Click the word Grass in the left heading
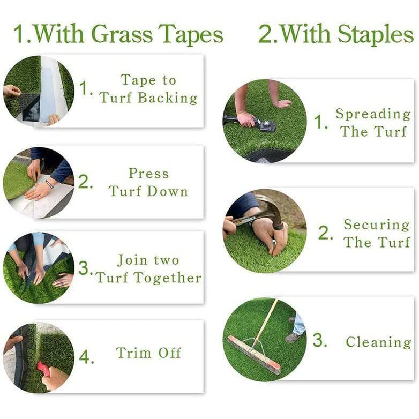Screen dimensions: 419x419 point(122,35)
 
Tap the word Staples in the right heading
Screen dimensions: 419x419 point(376,35)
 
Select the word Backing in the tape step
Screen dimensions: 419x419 point(168,98)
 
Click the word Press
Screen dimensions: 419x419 point(149,174)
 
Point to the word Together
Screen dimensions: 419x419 point(168,278)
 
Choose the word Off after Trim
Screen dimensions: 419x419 point(170,353)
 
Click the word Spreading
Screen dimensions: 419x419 point(373,114)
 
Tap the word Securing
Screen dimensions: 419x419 point(377,225)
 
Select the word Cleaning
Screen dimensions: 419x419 point(378,342)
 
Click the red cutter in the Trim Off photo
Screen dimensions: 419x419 point(44,369)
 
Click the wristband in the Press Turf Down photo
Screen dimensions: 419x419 point(49,184)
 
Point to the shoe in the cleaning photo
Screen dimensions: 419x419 point(293,337)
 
